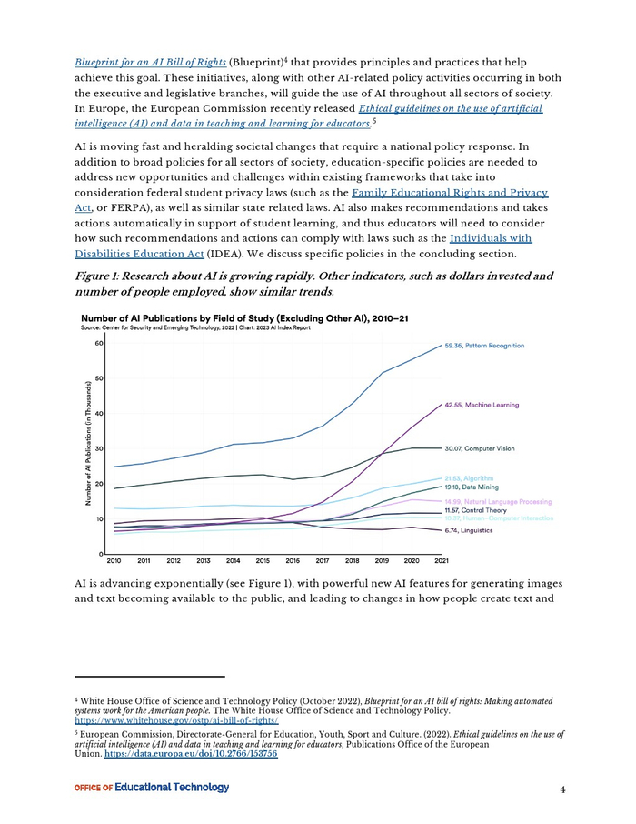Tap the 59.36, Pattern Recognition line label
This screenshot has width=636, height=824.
pyautogui.click(x=484, y=346)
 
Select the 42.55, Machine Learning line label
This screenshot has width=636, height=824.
pyautogui.click(x=478, y=405)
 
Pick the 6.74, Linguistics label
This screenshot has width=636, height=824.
pyautogui.click(x=468, y=530)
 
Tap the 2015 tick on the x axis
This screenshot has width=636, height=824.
pyautogui.click(x=263, y=561)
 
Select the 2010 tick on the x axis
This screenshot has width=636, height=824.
pyautogui.click(x=114, y=561)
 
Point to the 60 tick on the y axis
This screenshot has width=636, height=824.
pyautogui.click(x=98, y=344)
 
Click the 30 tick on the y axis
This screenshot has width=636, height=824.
pyautogui.click(x=98, y=449)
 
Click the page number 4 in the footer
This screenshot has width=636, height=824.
pyautogui.click(x=563, y=789)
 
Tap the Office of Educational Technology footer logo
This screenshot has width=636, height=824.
pyautogui.click(x=152, y=788)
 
